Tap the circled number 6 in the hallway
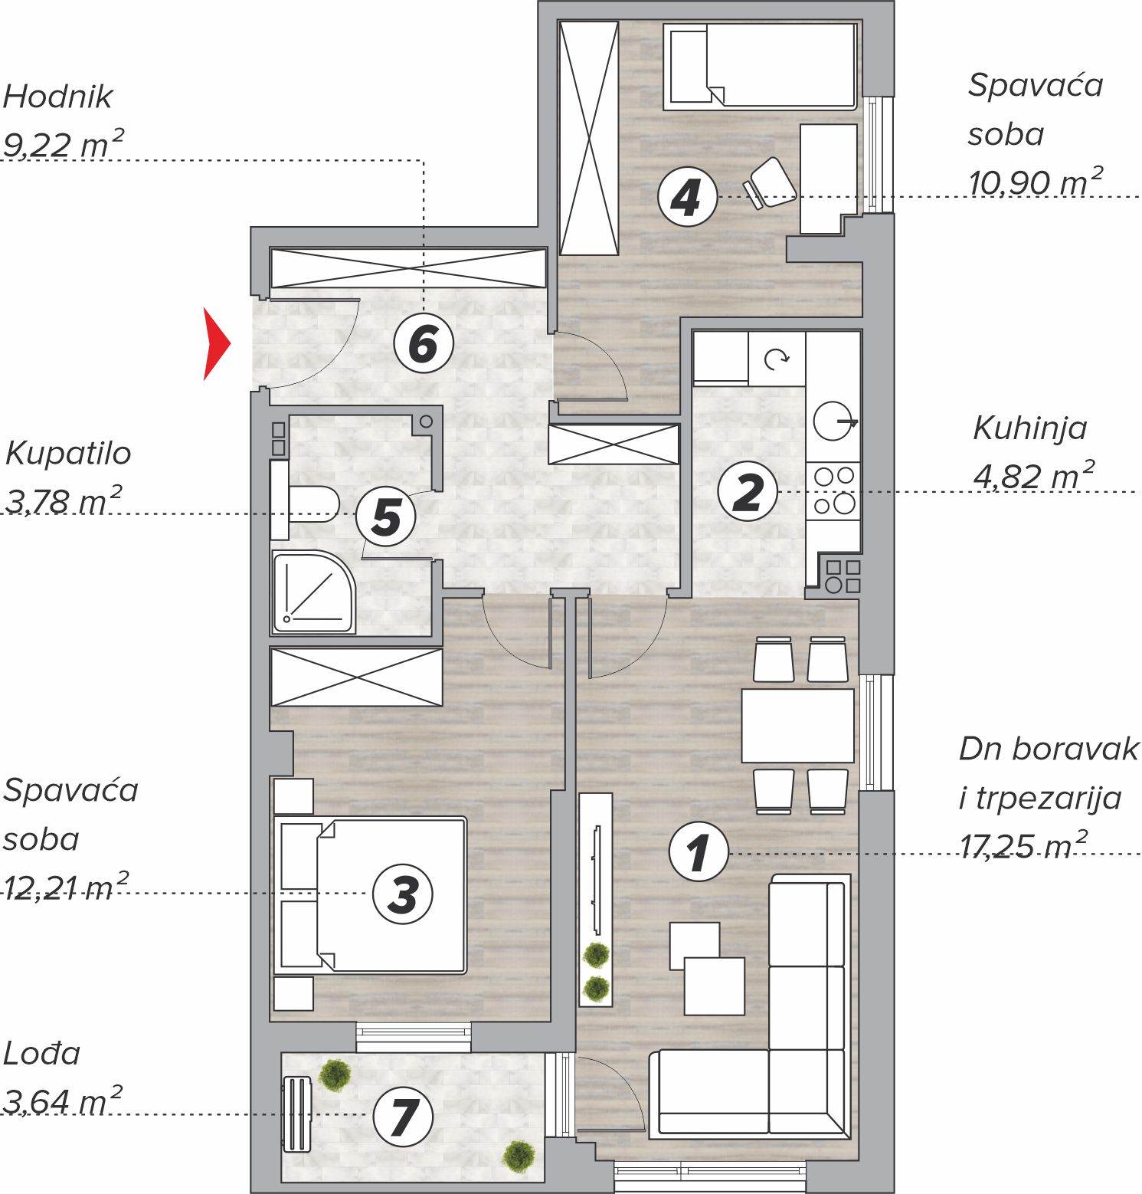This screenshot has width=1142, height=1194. (424, 343)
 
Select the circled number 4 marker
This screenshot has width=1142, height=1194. (687, 197)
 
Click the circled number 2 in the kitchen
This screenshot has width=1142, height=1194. (748, 491)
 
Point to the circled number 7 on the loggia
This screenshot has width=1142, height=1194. (403, 1117)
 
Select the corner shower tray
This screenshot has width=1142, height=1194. (313, 592)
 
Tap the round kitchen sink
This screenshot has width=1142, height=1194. (833, 422)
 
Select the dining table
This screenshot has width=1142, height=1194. (797, 726)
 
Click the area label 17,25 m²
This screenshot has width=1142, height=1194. (1023, 846)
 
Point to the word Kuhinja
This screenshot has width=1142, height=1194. (1030, 428)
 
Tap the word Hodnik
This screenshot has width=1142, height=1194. (58, 97)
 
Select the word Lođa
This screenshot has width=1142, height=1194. (42, 1054)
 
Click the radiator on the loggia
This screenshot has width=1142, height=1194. (297, 1115)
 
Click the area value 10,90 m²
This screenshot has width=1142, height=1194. (1036, 182)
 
